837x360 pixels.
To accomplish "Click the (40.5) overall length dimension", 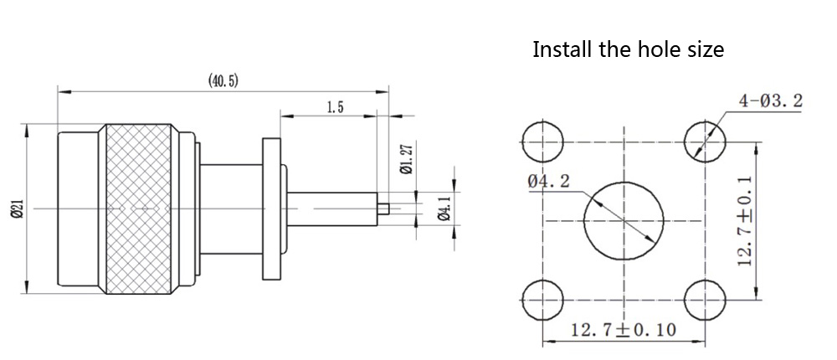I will coord(223,80).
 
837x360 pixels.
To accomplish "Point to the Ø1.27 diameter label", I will coord(406,157).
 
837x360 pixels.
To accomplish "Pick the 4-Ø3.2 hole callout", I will coord(770,102).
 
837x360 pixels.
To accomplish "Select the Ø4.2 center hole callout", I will coord(549,181).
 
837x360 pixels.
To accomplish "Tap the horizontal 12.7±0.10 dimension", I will coord(624,329).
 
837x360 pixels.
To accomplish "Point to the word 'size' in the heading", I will coord(705,49).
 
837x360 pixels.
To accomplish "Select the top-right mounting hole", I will coord(704,141).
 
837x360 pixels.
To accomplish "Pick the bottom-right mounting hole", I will coord(704,299).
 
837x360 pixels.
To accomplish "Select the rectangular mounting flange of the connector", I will coord(272,208).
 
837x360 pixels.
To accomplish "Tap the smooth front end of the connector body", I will coord(77,208).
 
